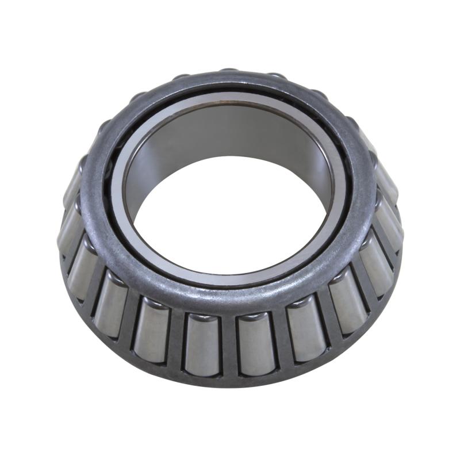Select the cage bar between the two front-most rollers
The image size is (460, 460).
click(x=230, y=345)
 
